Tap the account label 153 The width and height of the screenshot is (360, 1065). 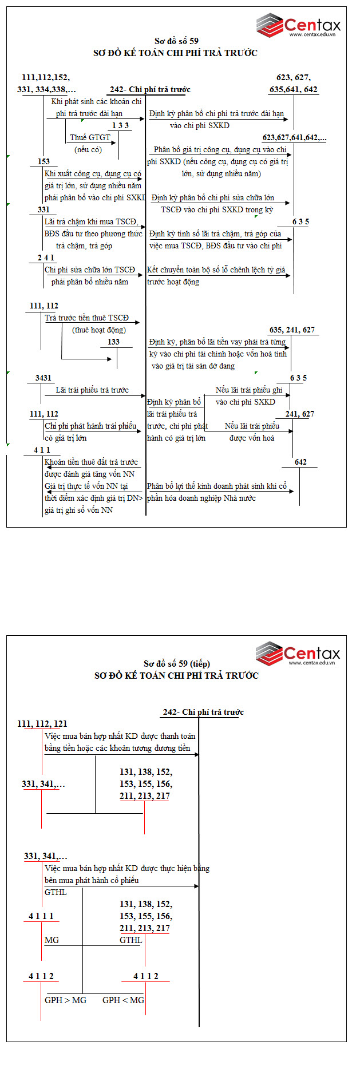[43, 162]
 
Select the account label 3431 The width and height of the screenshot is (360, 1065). [43, 378]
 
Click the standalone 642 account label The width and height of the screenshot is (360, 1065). [300, 462]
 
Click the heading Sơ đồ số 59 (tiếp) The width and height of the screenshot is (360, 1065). [176, 664]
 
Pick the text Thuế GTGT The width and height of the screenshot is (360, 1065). [90, 137]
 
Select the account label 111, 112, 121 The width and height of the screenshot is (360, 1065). [42, 724]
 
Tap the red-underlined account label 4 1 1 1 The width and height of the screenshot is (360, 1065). [41, 916]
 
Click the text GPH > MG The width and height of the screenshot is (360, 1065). [65, 1000]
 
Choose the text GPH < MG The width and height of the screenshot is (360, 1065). [123, 1000]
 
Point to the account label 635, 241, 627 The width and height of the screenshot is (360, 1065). [292, 330]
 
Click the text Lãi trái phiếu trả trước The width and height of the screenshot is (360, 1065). [92, 390]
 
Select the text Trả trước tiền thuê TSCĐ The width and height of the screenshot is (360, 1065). [86, 318]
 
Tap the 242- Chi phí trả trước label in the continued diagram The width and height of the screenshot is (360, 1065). [203, 712]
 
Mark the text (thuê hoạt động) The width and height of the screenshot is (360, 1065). [99, 330]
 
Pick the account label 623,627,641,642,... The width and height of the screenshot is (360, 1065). [294, 138]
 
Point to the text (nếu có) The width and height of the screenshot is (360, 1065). [88, 149]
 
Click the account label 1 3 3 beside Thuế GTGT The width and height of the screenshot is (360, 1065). [120, 125]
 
